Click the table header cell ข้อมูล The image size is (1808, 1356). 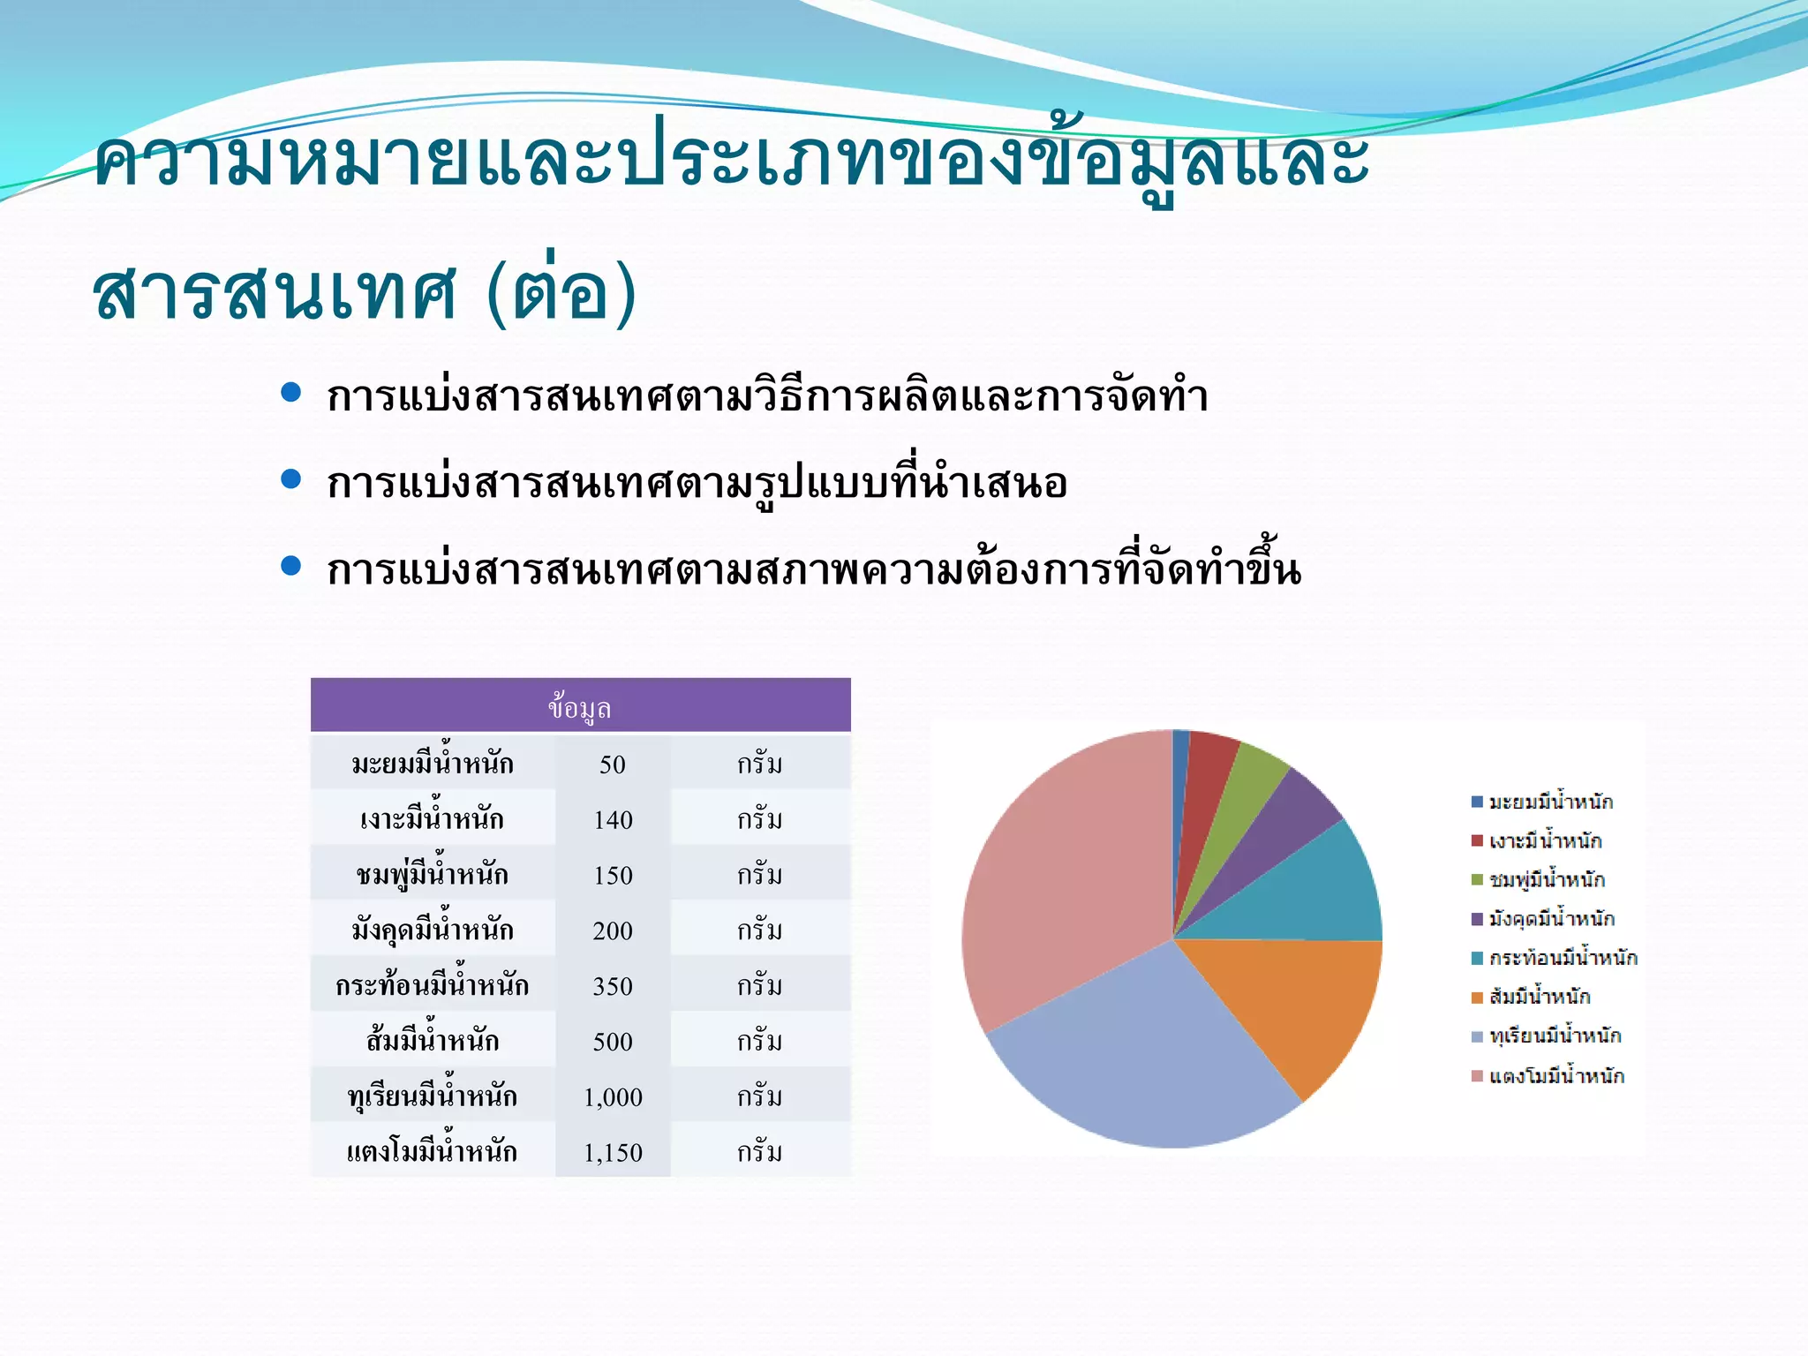click(x=580, y=707)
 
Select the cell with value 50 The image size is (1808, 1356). click(x=612, y=764)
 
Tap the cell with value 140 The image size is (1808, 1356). click(x=612, y=819)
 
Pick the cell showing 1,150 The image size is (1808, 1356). click(x=612, y=1152)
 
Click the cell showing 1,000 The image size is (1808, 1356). click(x=612, y=1096)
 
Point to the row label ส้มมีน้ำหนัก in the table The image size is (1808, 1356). click(x=433, y=1041)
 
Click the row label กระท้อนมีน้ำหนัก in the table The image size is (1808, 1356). click(x=433, y=985)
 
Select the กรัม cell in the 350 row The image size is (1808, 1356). click(x=760, y=985)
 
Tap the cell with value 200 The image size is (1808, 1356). click(x=612, y=930)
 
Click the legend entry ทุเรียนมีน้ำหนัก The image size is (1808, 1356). click(x=1555, y=1036)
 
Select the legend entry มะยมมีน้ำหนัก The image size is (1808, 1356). click(x=1550, y=802)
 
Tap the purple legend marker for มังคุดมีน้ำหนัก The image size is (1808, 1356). click(x=1477, y=919)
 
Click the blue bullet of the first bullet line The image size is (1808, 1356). click(x=290, y=393)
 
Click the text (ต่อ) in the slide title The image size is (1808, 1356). click(x=561, y=291)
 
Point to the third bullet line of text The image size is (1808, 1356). click(x=812, y=569)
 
